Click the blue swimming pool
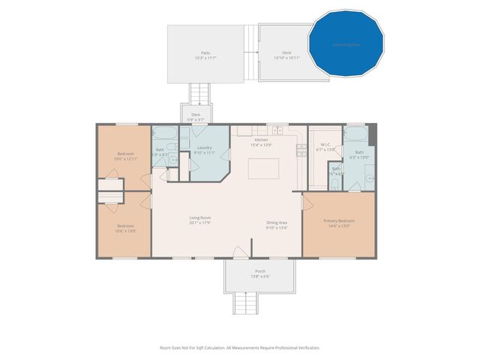pos(346,43)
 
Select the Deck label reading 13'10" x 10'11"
pos(286,54)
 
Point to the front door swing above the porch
pos(240,252)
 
